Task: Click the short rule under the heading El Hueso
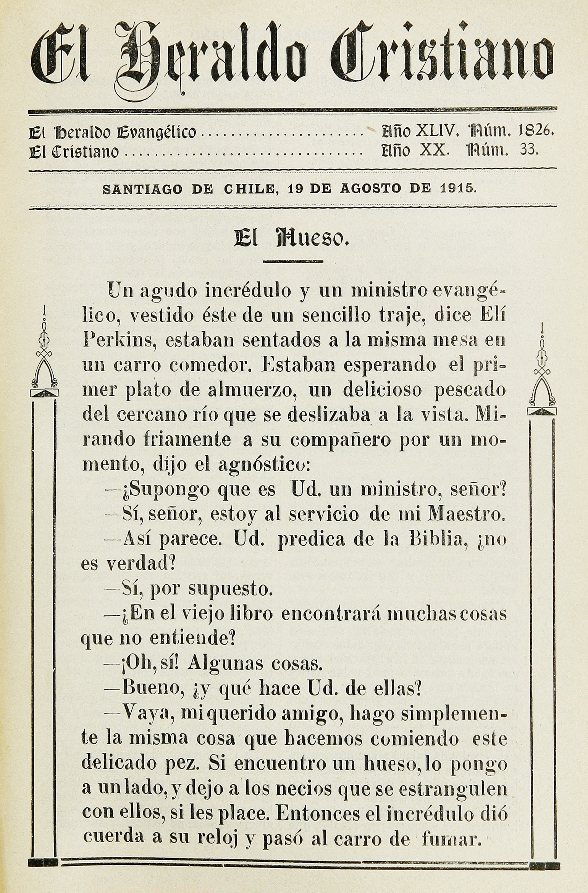pyautogui.click(x=293, y=261)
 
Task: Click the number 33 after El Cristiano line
pyautogui.click(x=528, y=150)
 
